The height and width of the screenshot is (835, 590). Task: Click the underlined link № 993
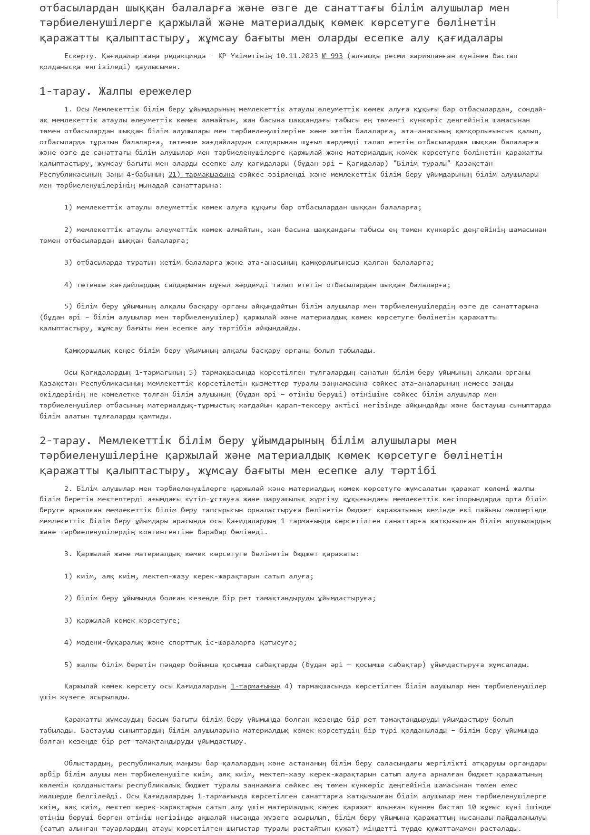pyautogui.click(x=332, y=56)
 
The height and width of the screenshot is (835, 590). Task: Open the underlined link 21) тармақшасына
pyautogui.click(x=201, y=174)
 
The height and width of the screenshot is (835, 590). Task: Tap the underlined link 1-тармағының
pyautogui.click(x=256, y=686)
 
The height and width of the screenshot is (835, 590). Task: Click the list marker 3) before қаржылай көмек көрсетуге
pyautogui.click(x=68, y=621)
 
